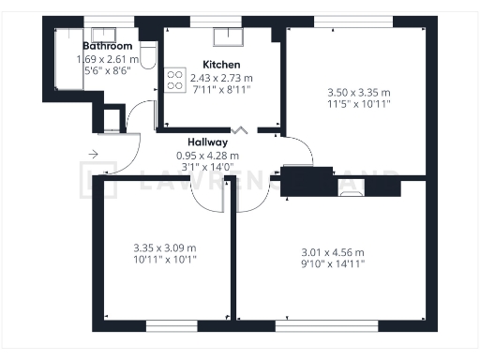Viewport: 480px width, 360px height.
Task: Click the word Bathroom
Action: [107, 45]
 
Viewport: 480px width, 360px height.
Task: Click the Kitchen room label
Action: [221, 65]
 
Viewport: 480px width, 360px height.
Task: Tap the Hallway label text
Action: [208, 142]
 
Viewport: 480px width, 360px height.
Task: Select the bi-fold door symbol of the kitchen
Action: [241, 130]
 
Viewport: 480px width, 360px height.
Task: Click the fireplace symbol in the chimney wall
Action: [350, 192]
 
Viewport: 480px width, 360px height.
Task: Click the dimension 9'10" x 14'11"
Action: [332, 263]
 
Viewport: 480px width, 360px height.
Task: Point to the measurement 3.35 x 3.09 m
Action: [165, 248]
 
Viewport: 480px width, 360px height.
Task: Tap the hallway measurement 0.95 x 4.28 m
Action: [208, 156]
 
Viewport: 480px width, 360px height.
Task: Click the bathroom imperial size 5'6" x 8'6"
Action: [107, 71]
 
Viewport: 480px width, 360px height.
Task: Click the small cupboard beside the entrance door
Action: [112, 119]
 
